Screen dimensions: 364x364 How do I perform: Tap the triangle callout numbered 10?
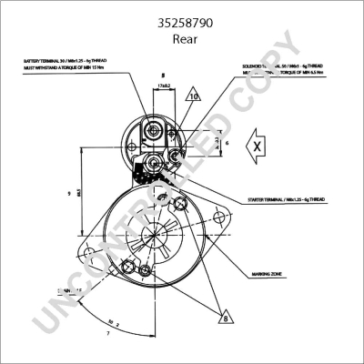coord(194,96)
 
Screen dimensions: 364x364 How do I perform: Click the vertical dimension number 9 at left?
coord(69,193)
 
